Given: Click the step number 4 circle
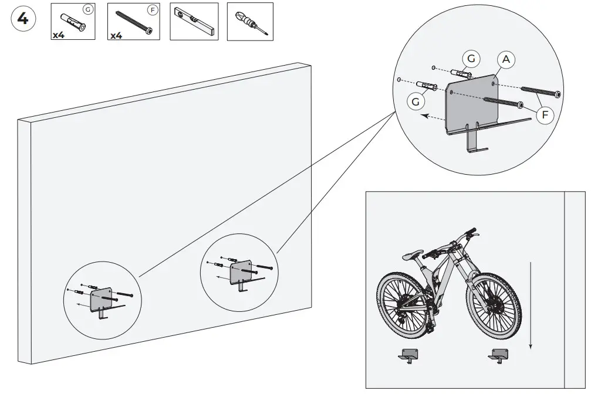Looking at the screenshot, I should tap(23, 19).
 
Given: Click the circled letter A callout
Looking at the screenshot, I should tap(506, 60).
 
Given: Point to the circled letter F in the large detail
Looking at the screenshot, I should tap(545, 115).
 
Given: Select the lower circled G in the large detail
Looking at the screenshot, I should tap(416, 101).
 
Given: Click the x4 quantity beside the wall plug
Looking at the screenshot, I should tap(58, 35).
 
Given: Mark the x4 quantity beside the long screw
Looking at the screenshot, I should tap(116, 35).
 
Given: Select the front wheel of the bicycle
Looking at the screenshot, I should tap(495, 308).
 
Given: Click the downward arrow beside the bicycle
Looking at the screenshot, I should tap(531, 305).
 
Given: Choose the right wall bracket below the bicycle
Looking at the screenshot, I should tap(499, 355).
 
